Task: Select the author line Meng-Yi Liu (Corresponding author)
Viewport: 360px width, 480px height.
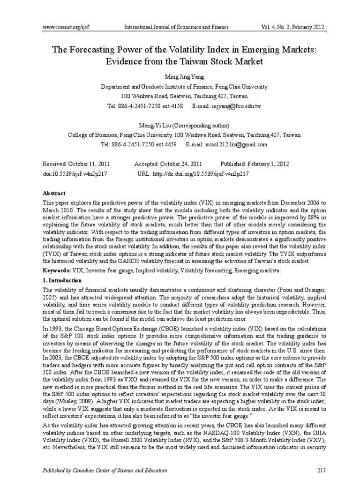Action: [x=180, y=125]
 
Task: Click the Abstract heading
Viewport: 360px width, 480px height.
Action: [x=54, y=193]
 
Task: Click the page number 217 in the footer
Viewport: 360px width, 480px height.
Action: [x=321, y=470]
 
